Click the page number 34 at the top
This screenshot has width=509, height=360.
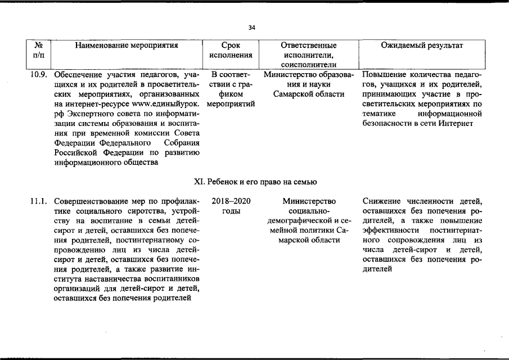[251, 28]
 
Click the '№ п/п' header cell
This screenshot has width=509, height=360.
[39, 51]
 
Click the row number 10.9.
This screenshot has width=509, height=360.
[38, 75]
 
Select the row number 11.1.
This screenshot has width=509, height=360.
[38, 201]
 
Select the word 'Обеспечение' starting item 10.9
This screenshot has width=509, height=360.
[78, 75]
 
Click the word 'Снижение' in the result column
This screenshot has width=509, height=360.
[380, 201]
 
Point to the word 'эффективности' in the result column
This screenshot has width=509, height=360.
[390, 231]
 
